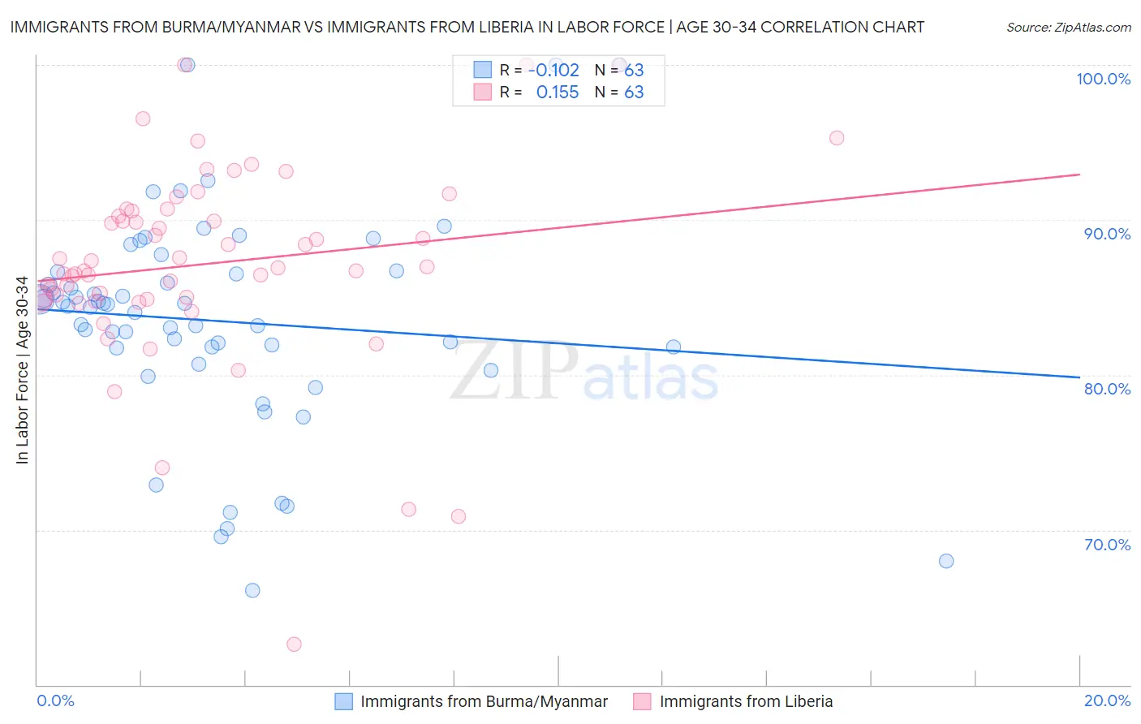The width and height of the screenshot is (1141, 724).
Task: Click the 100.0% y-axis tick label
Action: [1103, 79]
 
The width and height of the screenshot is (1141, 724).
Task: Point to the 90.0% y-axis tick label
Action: [1107, 234]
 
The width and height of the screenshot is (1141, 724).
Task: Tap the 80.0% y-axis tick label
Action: [1107, 389]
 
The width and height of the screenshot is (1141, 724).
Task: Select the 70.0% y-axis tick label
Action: [1107, 545]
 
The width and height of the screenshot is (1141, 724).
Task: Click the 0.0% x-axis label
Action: [55, 700]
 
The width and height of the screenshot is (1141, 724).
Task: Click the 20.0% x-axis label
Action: [1107, 700]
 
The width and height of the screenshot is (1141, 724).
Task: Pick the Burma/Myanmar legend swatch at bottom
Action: [344, 702]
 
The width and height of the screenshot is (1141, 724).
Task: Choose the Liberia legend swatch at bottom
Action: [643, 702]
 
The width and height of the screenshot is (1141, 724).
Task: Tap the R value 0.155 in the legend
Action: [558, 93]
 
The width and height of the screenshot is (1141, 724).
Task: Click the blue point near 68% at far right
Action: [946, 561]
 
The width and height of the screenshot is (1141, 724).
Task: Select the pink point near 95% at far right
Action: [837, 138]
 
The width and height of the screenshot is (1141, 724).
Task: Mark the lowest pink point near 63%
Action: [294, 644]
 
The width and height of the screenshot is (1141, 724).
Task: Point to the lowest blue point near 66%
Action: [252, 590]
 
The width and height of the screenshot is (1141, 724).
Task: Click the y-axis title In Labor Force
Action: [22, 370]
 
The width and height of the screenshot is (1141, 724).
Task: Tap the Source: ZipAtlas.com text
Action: [1068, 28]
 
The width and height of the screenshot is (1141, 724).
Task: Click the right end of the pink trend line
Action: [1079, 175]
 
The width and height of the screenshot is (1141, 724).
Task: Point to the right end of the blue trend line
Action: [1079, 377]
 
